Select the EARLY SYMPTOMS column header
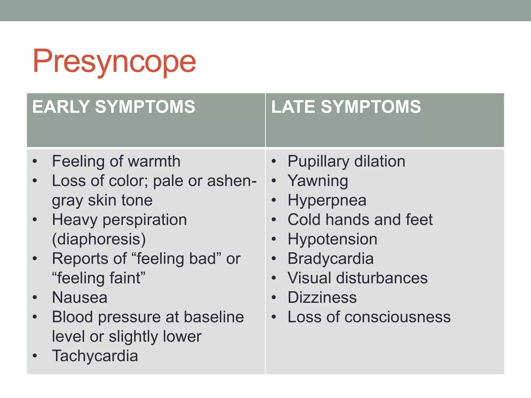pos(114,107)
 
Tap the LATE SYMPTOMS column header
pos(346,107)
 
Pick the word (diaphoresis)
pos(99,239)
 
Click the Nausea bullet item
pos(80,297)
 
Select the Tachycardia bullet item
pos(95,356)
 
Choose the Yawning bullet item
pos(318,181)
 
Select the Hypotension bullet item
pos(332,239)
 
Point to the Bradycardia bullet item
pos(331,259)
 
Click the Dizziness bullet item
pos(322,297)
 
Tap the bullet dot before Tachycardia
pos(35,356)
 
